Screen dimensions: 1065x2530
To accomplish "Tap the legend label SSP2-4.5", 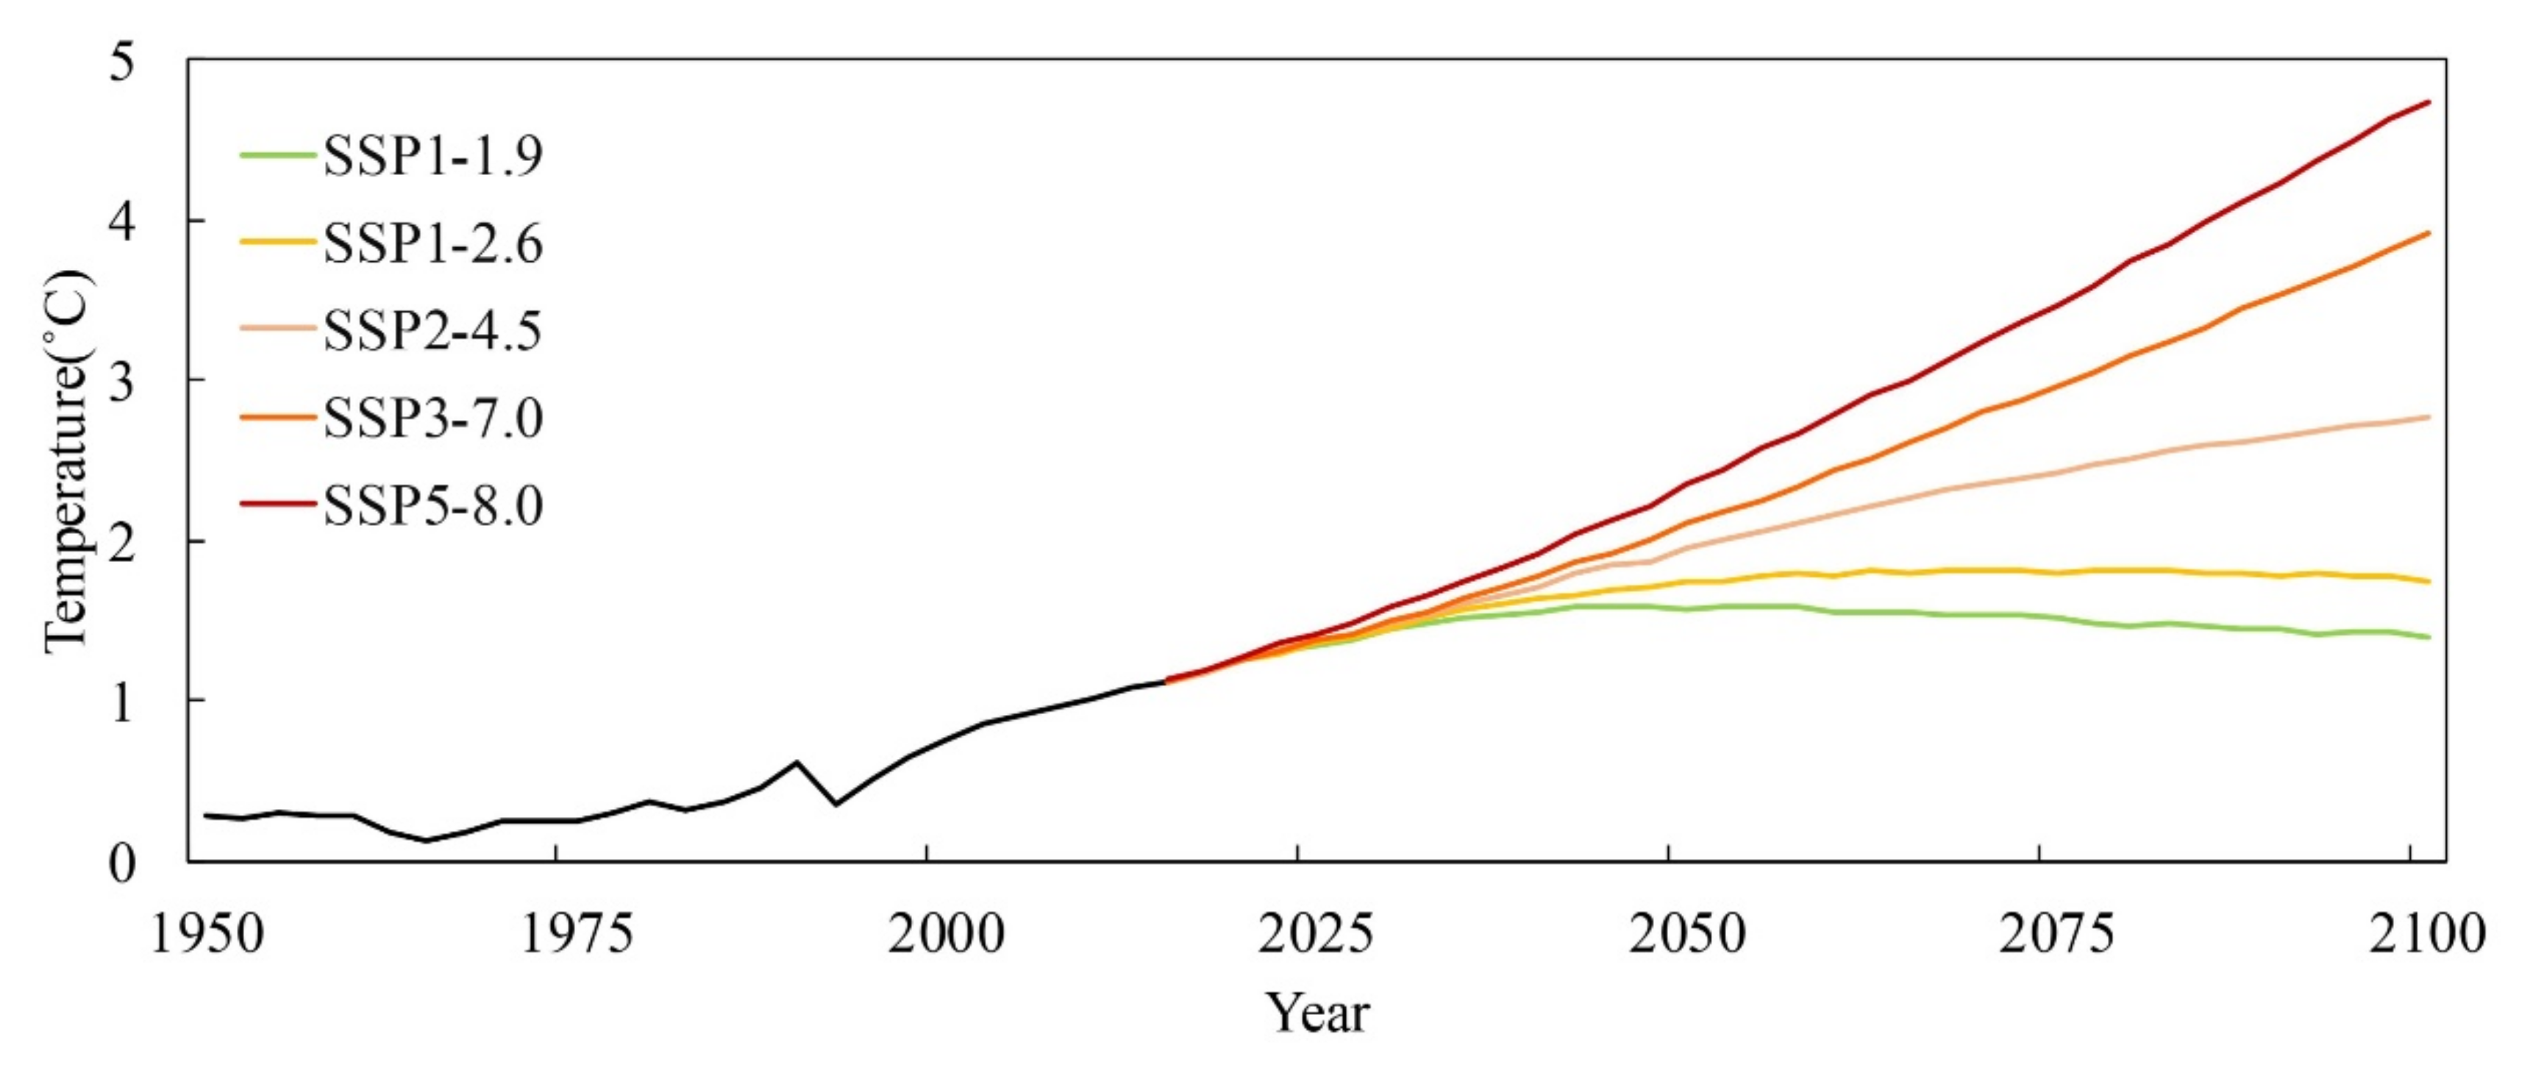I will coord(432,331).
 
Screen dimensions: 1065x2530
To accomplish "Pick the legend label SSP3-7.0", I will coord(432,419).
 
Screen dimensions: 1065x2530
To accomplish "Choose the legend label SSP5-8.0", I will coord(432,507).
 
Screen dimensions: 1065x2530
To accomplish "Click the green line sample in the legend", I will coord(279,155).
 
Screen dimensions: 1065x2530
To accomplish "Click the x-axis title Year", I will coord(1316,1013).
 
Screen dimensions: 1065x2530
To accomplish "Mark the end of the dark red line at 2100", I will coord(2429,101).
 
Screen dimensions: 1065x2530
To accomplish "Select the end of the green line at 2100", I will coord(2429,638).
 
